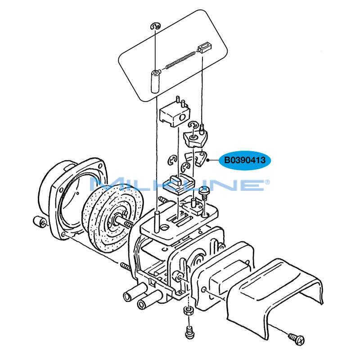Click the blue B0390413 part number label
click(245, 160)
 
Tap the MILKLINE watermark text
click(180, 184)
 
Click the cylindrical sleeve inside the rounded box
click(155, 81)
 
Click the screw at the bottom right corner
click(297, 338)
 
